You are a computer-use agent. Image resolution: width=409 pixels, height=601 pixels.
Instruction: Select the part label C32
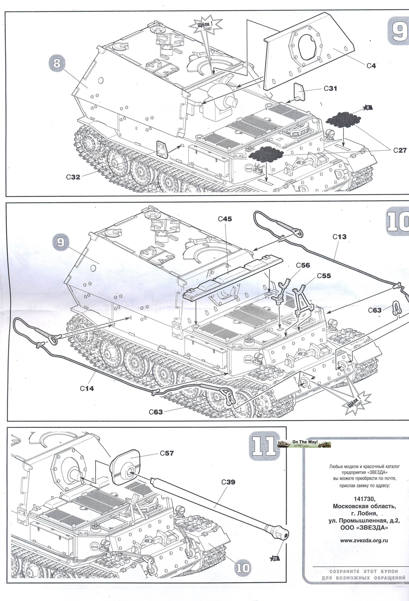[73, 177]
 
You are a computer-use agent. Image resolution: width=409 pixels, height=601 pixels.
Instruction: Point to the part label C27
[400, 150]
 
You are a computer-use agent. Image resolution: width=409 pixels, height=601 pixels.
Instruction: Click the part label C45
[225, 219]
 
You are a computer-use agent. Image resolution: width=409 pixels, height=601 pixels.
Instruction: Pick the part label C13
[339, 237]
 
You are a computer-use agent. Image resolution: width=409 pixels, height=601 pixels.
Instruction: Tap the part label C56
[303, 265]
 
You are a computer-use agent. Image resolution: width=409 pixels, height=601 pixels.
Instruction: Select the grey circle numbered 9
[60, 243]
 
